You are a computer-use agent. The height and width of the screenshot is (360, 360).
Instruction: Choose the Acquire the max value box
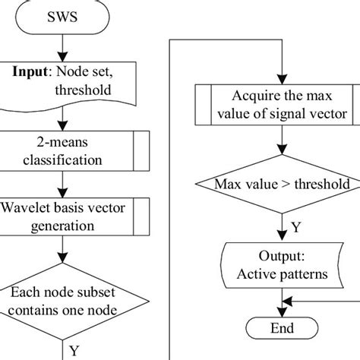(281, 106)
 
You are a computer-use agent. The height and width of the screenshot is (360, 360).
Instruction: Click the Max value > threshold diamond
(281, 185)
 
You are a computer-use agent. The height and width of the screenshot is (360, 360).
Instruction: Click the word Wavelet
(27, 208)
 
